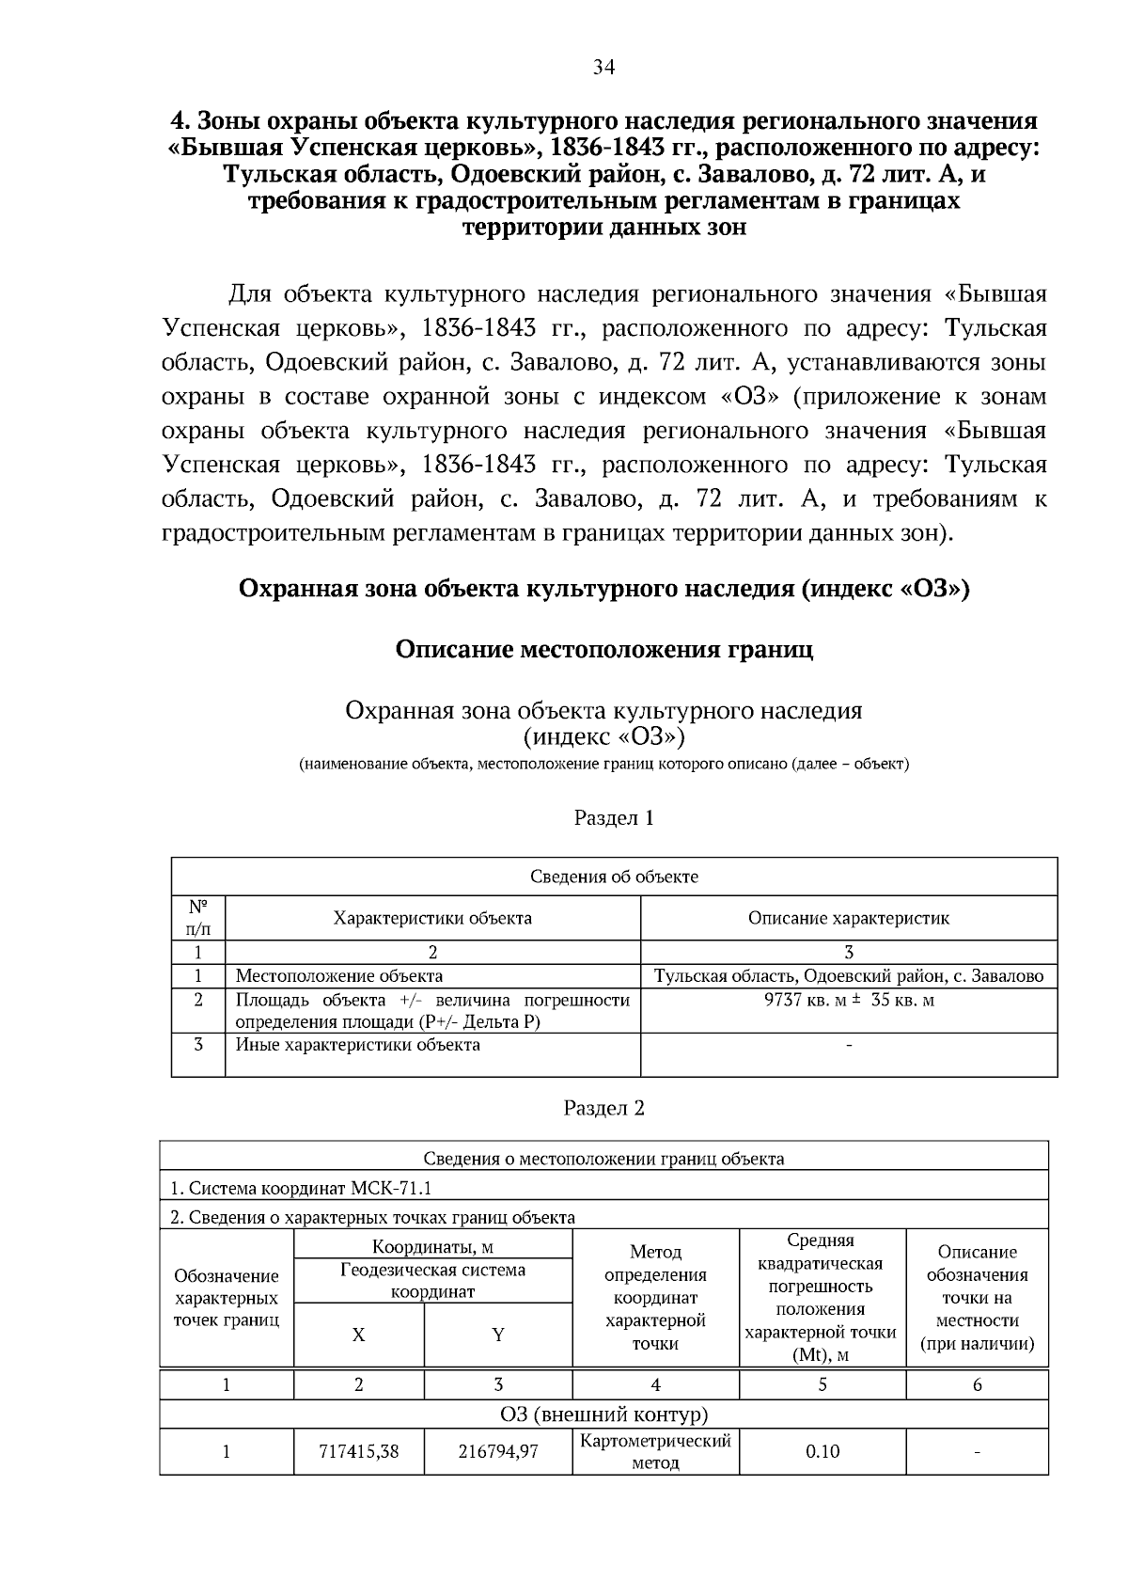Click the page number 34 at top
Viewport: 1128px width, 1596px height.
coord(603,67)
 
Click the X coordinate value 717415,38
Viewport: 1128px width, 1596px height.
coord(359,1451)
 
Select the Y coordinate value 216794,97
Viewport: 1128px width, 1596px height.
coord(498,1451)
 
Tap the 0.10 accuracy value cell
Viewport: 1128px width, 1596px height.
coord(822,1451)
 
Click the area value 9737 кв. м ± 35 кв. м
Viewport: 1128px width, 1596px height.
coord(849,1000)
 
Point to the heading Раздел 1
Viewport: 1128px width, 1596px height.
coord(613,817)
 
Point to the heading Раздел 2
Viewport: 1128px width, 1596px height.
coord(603,1108)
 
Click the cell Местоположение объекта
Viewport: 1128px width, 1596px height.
coord(338,976)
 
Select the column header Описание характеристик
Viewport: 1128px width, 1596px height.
coord(849,918)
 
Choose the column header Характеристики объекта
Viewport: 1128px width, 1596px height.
coord(432,918)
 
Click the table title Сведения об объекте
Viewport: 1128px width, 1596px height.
coord(614,877)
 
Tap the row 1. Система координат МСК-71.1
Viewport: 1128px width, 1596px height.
coord(301,1188)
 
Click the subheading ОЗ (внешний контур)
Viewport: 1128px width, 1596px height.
coord(603,1414)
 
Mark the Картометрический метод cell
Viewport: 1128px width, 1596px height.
coord(655,1451)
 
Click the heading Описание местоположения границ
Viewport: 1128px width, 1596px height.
coord(603,649)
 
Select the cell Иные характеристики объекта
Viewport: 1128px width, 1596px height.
coord(357,1045)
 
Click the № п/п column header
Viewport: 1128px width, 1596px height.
coord(197,918)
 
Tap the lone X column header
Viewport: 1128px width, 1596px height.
coord(358,1335)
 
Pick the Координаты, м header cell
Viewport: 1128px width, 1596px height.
coord(432,1248)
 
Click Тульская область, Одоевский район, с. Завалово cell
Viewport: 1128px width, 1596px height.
coord(849,976)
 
